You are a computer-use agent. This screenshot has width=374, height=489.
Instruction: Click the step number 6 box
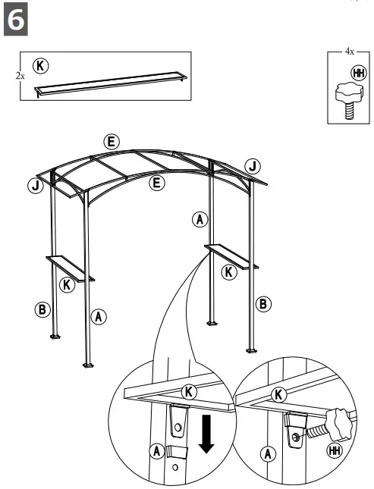click(x=17, y=20)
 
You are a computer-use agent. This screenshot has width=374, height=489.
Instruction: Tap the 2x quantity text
click(x=20, y=76)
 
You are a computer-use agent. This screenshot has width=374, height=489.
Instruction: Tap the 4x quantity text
click(x=349, y=52)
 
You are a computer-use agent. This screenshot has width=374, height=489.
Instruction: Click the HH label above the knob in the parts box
click(x=358, y=74)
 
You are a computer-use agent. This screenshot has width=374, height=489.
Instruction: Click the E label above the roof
click(x=111, y=142)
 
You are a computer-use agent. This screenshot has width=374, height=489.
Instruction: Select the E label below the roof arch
click(x=157, y=183)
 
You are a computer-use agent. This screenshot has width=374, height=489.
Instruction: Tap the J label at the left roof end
click(x=35, y=186)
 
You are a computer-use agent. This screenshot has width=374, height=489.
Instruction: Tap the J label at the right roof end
click(x=253, y=165)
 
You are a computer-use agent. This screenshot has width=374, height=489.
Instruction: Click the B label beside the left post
click(x=42, y=309)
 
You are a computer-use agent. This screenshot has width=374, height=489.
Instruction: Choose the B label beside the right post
click(x=262, y=303)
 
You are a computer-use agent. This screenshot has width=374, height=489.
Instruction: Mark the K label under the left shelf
click(x=67, y=285)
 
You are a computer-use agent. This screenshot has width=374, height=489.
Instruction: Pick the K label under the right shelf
click(x=228, y=271)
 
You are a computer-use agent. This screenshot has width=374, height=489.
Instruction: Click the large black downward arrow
click(x=205, y=434)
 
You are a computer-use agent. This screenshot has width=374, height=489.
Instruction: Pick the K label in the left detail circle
click(x=190, y=391)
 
